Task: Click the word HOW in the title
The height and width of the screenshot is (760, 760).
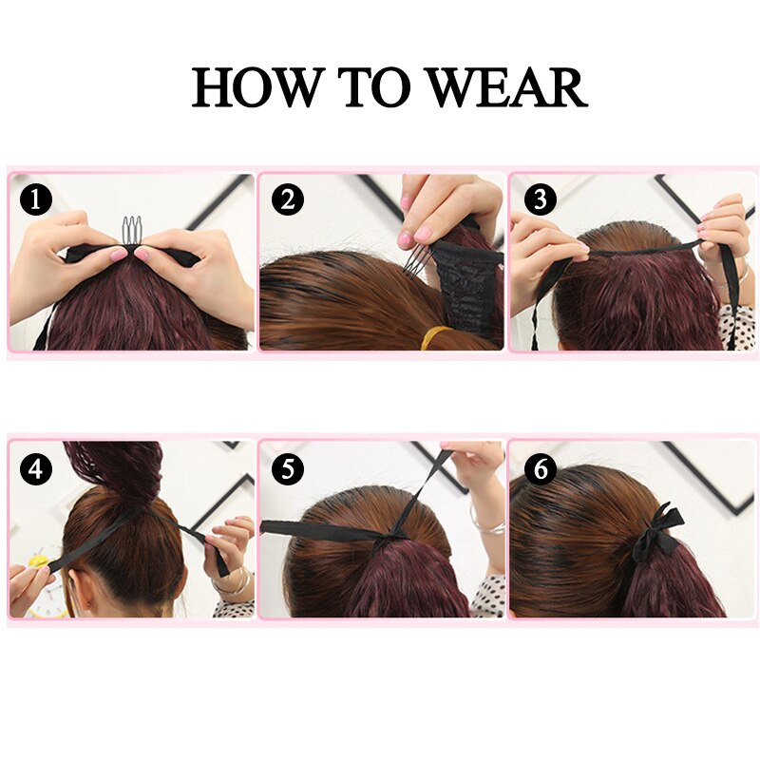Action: click(256, 87)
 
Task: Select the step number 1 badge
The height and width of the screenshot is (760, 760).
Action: click(36, 200)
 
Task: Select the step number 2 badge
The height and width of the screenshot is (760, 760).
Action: click(287, 200)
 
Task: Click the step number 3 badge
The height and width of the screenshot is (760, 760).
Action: click(539, 200)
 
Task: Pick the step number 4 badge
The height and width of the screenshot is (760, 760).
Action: click(36, 468)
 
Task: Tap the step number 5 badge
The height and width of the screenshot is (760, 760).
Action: click(287, 468)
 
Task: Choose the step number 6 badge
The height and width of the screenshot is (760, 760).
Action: click(539, 468)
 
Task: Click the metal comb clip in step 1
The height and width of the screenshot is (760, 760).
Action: click(131, 232)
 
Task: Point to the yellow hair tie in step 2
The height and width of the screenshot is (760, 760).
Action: click(439, 334)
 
